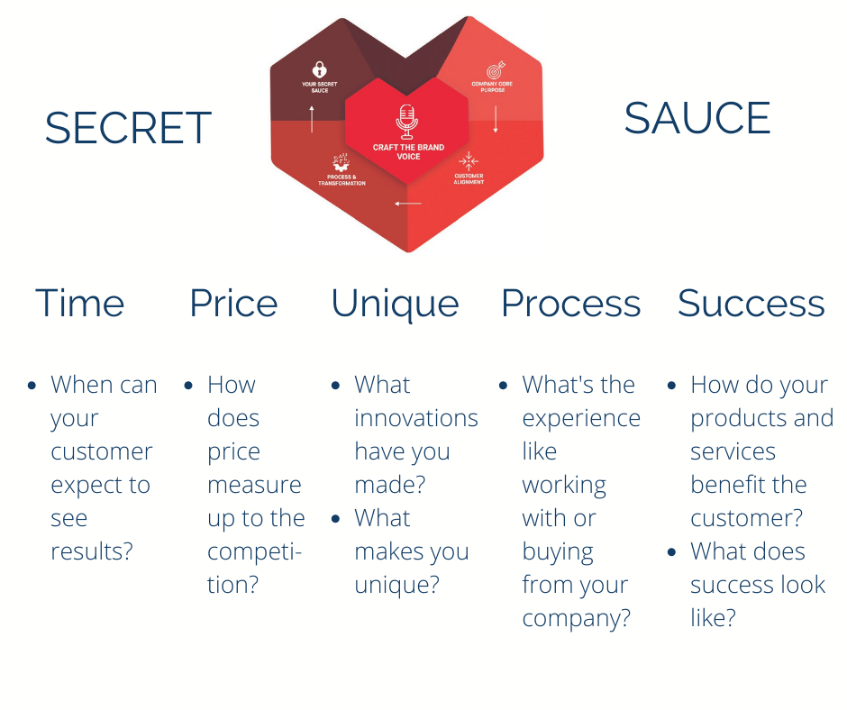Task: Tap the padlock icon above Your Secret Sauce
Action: coord(319,68)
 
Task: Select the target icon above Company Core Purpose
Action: coord(495,70)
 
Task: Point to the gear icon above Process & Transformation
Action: coord(342,163)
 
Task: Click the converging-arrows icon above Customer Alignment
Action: coord(469,160)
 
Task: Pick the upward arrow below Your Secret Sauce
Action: coord(312,118)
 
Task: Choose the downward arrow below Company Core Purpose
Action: coord(495,118)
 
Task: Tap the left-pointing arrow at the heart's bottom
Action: coord(407,204)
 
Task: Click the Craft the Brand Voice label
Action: coord(408,151)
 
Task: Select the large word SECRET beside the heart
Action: coord(128,128)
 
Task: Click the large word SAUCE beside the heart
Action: coord(697,119)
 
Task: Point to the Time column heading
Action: coord(79,304)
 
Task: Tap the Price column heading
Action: coord(233,304)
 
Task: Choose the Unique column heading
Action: coord(395,304)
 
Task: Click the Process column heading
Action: coord(570,304)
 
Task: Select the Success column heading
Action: coord(751,304)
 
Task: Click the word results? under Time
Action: coord(91,551)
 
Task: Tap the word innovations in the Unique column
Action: coord(415,418)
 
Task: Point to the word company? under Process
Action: coord(576,618)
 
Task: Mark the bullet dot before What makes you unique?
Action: coord(336,519)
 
